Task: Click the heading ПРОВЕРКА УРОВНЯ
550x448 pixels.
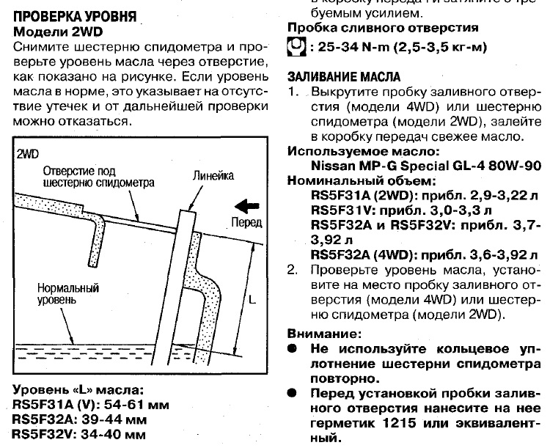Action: [74, 16]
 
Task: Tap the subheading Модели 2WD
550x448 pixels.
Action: [58, 32]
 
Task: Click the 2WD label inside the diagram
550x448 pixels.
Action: [27, 155]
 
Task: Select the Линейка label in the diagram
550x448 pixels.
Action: [213, 176]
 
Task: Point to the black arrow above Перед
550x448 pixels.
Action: [247, 206]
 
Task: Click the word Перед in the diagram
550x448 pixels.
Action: [246, 222]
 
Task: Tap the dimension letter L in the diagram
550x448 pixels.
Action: [252, 299]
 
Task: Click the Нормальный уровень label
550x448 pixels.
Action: [68, 294]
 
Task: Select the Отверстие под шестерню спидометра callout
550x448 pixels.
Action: [98, 177]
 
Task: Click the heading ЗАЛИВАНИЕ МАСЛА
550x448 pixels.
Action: [344, 77]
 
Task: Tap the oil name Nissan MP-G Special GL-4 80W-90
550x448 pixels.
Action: [426, 166]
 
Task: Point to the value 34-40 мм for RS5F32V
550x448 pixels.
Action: [113, 435]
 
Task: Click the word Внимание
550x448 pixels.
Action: [324, 334]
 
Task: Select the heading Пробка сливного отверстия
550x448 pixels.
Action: [383, 28]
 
